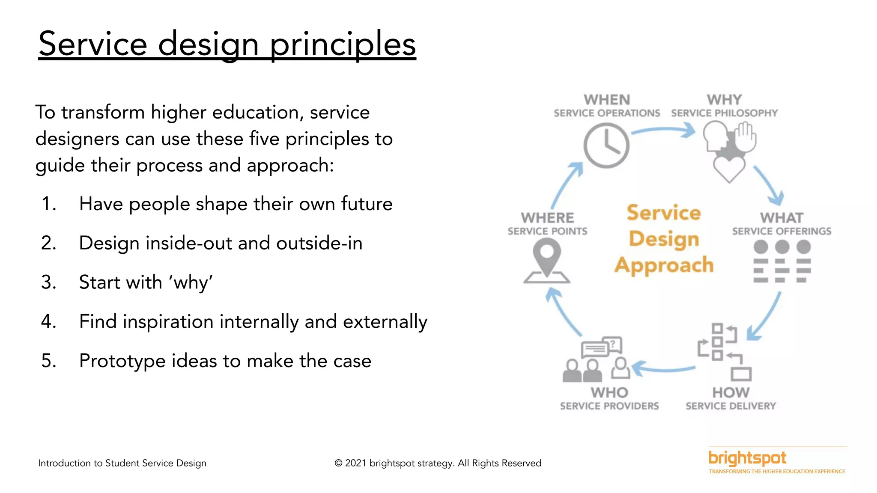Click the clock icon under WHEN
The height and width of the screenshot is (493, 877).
606,146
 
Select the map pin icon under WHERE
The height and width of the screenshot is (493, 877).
547,258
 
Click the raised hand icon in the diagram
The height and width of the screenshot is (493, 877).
746,137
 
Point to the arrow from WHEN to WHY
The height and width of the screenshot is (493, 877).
664,130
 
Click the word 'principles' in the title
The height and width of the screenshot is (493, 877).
343,44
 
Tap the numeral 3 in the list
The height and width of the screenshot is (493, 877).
48,282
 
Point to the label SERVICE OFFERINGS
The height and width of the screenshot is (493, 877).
782,232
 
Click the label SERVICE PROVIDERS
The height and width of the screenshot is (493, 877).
609,406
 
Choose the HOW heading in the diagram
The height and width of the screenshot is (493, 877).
731,392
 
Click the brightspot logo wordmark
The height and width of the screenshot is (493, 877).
747,458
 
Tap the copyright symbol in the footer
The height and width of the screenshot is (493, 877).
338,463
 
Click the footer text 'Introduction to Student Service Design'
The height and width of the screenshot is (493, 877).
122,463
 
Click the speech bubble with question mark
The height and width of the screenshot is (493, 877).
613,345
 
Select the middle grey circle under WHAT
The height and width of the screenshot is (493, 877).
782,247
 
